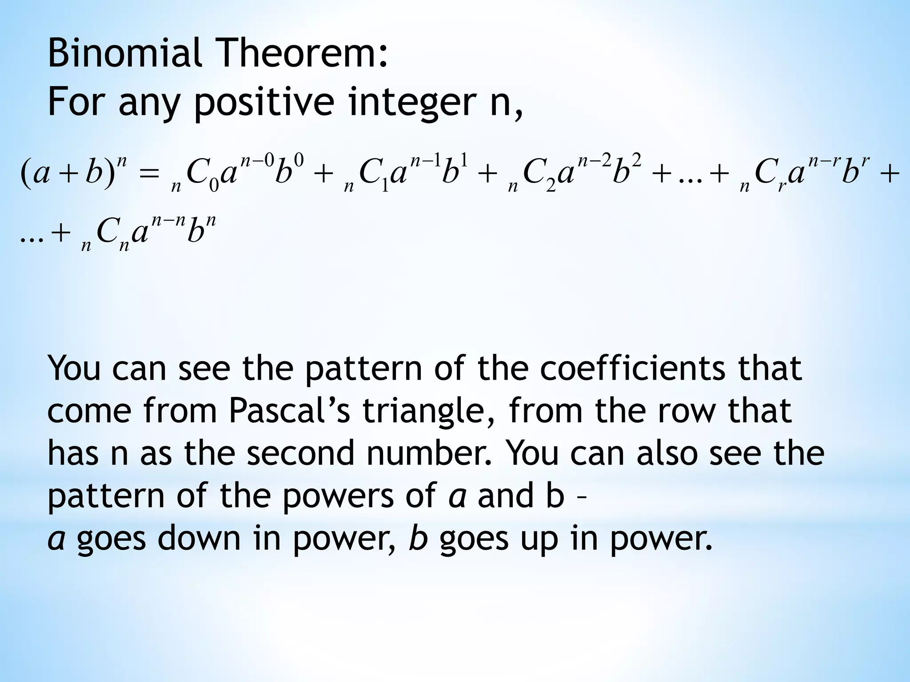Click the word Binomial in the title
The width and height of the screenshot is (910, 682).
click(124, 54)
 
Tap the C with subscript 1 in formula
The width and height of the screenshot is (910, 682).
click(371, 174)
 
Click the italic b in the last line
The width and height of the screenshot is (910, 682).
click(418, 538)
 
